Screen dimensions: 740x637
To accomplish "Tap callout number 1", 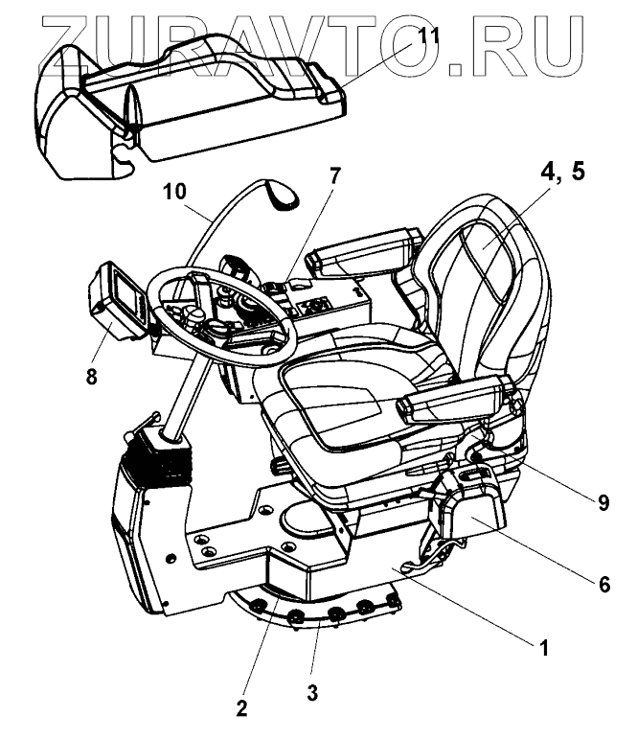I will tap(542, 647).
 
